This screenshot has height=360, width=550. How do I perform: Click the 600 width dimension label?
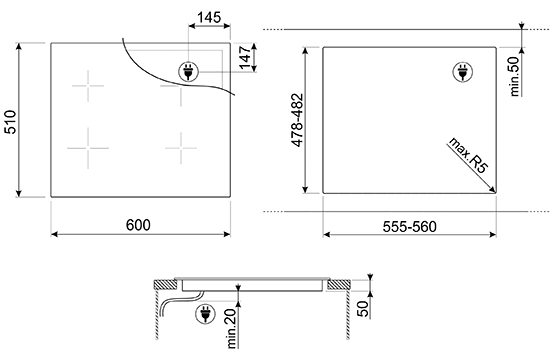[x=138, y=225]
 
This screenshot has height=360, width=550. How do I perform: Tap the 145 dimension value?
[x=209, y=17]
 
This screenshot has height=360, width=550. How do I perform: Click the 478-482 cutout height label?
[x=297, y=120]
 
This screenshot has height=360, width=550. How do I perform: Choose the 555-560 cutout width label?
[x=410, y=227]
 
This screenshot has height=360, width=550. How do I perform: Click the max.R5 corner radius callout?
[x=468, y=155]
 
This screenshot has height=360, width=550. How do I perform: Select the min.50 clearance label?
[x=514, y=76]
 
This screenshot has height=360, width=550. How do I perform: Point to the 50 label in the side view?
[x=363, y=309]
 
